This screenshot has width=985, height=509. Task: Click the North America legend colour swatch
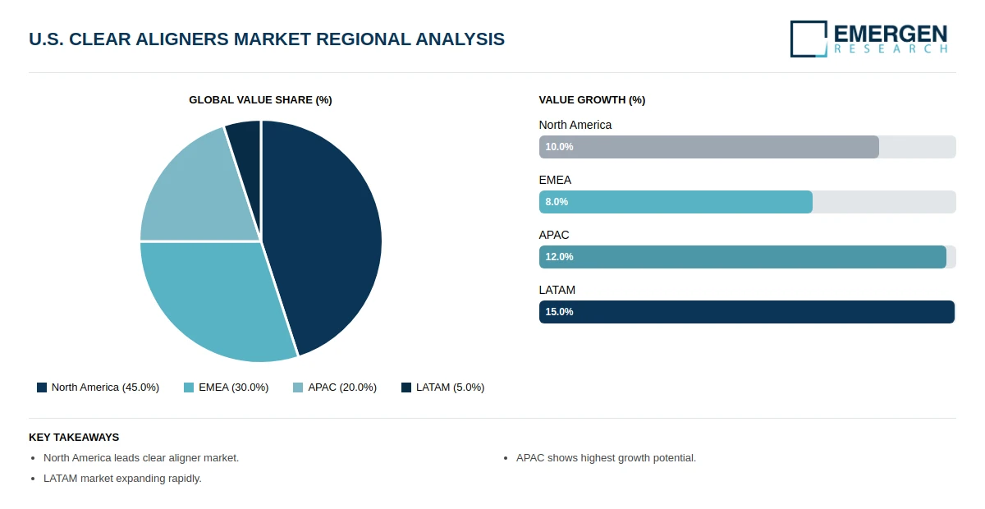pos(42,387)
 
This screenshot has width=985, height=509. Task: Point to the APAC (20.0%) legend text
pos(342,387)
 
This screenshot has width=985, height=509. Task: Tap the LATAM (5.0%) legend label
pos(451,387)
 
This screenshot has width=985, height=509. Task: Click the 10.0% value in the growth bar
pos(559,147)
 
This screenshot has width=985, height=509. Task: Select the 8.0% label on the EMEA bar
pos(557,202)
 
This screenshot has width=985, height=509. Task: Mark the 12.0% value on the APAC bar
pos(559,257)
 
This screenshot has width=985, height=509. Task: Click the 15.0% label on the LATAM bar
pos(559,312)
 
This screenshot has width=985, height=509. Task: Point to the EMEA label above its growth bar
pos(555,180)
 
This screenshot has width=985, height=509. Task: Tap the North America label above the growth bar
pos(575,125)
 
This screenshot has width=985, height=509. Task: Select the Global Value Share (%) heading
pos(260,100)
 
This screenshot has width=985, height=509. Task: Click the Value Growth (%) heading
pos(592,100)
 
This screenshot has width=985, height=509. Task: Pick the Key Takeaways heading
pos(74,438)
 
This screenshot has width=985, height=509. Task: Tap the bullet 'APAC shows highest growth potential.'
pos(606,458)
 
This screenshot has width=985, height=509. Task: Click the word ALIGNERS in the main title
pos(182,39)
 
